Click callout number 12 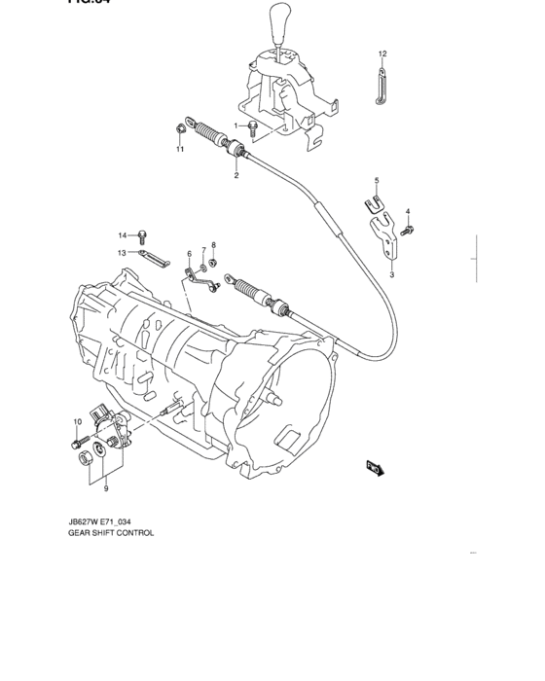tap(382, 54)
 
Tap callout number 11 tap(179, 150)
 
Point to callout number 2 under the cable tap(236, 176)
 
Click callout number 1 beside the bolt tap(235, 125)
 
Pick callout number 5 tap(377, 180)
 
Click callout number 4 tap(408, 211)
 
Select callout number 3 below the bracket tap(391, 275)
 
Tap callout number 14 tap(124, 234)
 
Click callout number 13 tap(124, 252)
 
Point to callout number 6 tap(190, 254)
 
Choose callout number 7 tap(203, 250)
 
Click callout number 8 tap(214, 245)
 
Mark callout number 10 tap(75, 421)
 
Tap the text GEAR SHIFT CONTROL tap(113, 534)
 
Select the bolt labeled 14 tap(143, 234)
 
